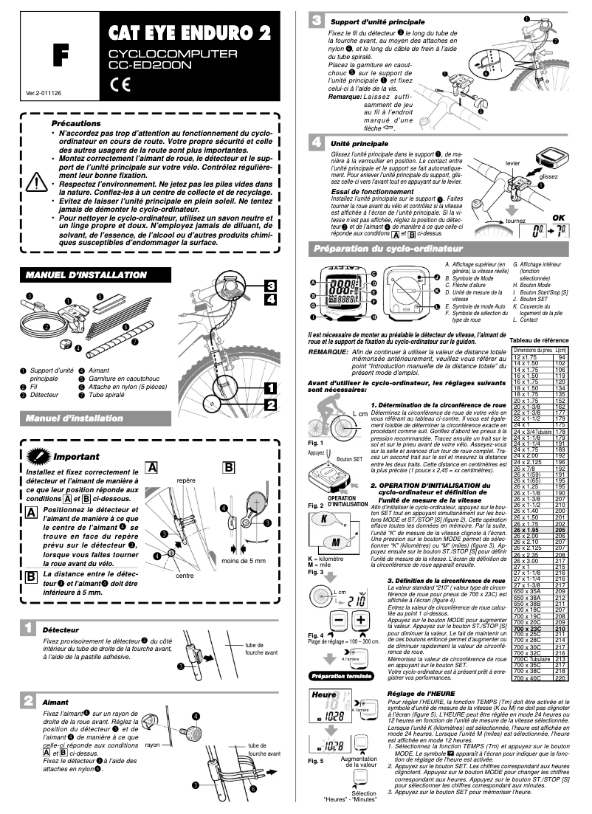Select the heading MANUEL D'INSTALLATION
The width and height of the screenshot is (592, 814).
click(x=86, y=275)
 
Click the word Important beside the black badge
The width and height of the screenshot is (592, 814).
click(x=77, y=457)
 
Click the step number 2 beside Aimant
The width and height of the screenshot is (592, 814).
click(x=27, y=699)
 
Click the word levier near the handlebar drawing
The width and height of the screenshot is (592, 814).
click(x=514, y=162)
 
